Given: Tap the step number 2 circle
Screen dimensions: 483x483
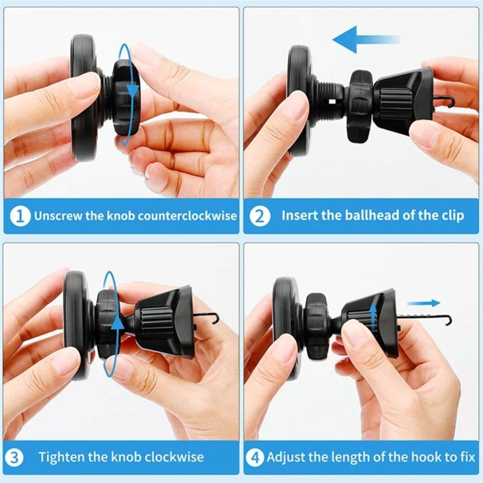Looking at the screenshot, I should click(259, 215).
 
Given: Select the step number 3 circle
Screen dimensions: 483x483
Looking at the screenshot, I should click(14, 457).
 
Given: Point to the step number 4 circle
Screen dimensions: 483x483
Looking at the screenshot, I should click(255, 457).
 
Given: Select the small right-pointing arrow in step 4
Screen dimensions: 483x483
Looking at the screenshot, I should click(424, 303).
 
